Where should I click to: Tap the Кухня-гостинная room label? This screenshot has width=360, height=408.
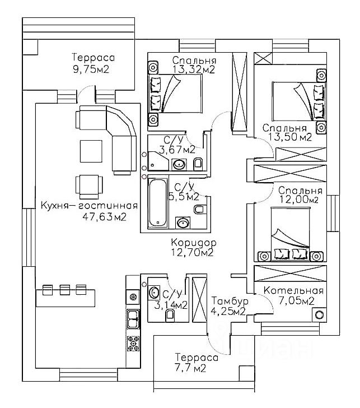click(x=90, y=205)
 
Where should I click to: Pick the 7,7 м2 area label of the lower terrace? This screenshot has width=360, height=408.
click(x=190, y=369)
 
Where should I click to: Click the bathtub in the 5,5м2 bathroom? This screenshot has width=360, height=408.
click(x=158, y=202)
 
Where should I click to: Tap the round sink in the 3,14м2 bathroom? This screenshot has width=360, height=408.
click(x=154, y=292)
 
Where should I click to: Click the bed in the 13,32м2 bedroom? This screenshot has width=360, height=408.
click(x=176, y=94)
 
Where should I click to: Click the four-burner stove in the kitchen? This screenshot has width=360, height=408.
click(x=133, y=342)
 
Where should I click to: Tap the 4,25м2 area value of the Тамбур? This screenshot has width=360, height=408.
click(x=227, y=312)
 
